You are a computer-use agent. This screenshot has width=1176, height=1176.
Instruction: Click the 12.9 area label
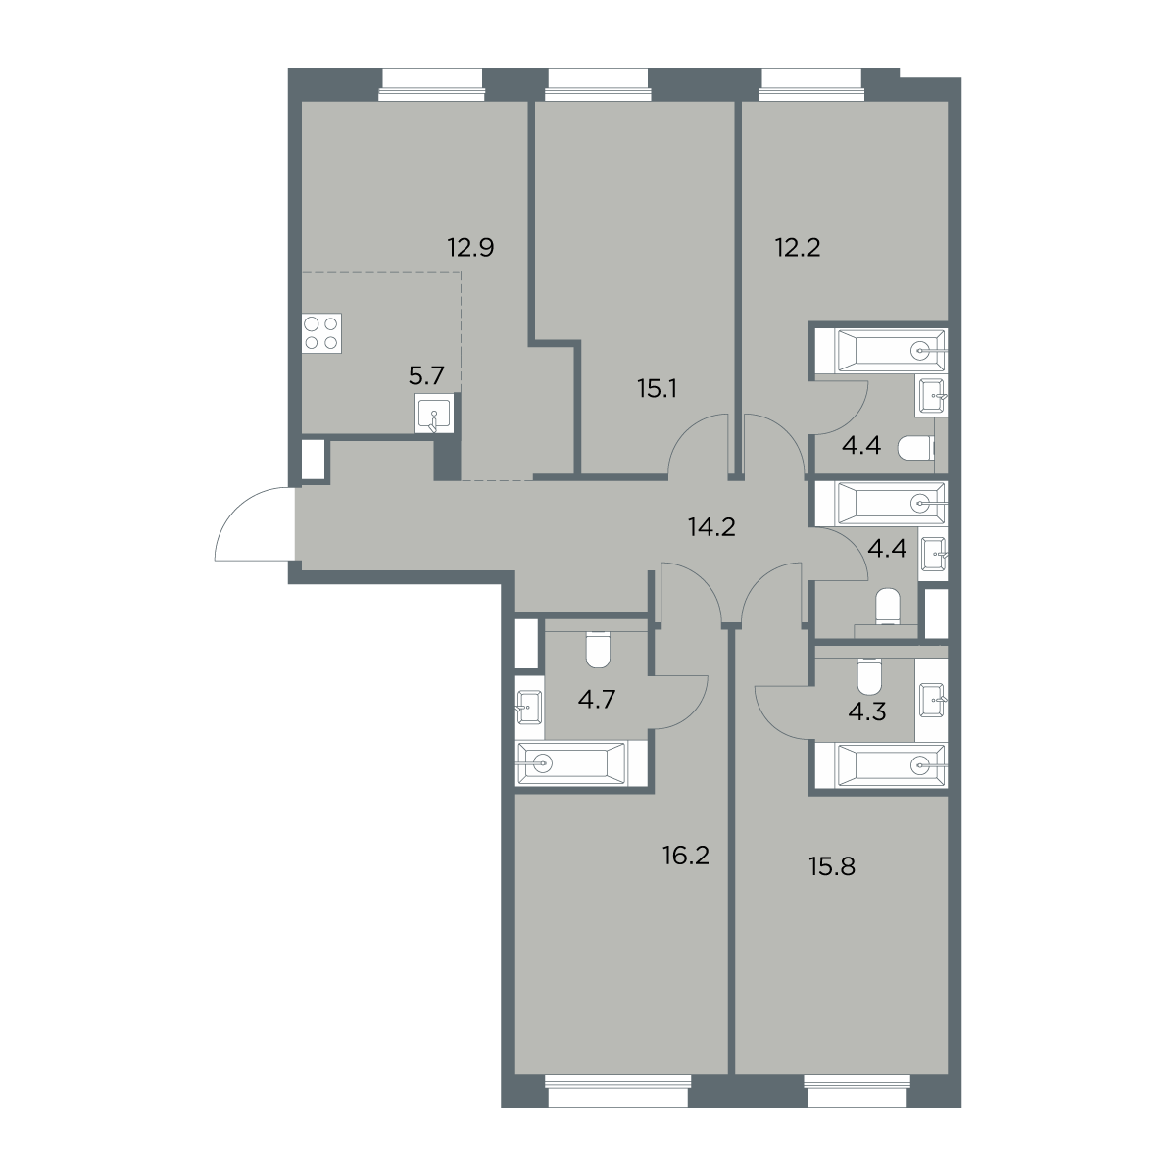(x=470, y=248)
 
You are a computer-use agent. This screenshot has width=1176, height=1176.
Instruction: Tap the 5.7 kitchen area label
(x=426, y=376)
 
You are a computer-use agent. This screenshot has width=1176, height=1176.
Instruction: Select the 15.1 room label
(x=658, y=389)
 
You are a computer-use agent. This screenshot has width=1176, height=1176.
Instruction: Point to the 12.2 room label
(x=798, y=248)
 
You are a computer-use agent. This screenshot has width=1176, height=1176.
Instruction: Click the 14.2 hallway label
(x=711, y=526)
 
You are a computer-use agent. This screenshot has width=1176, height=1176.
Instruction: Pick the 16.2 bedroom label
(x=686, y=856)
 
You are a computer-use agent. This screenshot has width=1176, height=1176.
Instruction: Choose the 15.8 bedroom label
(x=832, y=866)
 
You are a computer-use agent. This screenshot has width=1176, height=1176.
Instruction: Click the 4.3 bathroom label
(x=867, y=711)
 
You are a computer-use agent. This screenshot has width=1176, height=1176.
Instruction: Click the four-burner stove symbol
(x=321, y=333)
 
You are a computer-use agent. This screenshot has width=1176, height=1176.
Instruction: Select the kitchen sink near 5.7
(x=434, y=414)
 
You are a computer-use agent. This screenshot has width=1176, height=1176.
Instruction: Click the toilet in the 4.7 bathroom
(x=598, y=649)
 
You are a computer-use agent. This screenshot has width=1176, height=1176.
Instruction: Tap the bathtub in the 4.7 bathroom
(x=571, y=763)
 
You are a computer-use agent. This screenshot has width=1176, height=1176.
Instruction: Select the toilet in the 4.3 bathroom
(x=869, y=675)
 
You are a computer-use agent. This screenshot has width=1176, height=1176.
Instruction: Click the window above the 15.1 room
(x=598, y=84)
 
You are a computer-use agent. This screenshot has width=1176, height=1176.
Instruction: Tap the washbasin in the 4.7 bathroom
(x=530, y=708)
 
